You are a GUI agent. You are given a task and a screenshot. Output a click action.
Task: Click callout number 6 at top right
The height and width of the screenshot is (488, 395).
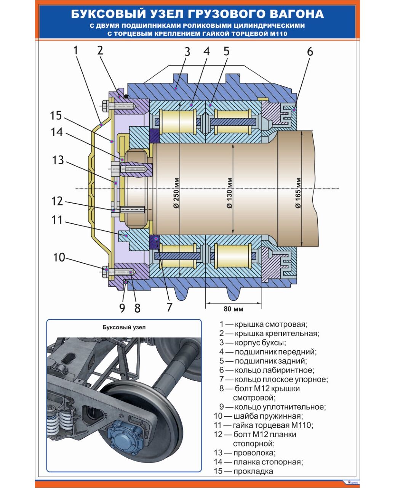click(x=310, y=51)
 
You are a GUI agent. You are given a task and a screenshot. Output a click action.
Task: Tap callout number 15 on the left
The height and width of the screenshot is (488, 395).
click(x=56, y=115)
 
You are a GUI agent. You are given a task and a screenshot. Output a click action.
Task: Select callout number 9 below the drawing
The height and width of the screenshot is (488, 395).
click(x=122, y=308)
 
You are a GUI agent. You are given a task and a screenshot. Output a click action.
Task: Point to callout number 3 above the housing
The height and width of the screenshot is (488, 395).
click(x=187, y=51)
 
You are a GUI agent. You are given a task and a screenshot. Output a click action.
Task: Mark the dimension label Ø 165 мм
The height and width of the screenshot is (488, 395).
click(x=298, y=193)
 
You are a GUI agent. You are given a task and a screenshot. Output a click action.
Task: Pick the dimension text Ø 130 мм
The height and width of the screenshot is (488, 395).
click(x=229, y=193)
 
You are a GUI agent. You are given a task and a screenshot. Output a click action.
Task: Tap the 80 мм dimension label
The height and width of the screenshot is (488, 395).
click(x=233, y=309)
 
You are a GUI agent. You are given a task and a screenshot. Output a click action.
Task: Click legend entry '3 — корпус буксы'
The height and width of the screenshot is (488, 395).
click(x=252, y=343)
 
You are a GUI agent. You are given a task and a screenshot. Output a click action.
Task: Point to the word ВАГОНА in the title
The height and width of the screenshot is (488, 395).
click(x=297, y=14)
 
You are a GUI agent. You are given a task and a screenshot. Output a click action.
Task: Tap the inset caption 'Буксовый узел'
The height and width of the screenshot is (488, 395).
click(x=124, y=327)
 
